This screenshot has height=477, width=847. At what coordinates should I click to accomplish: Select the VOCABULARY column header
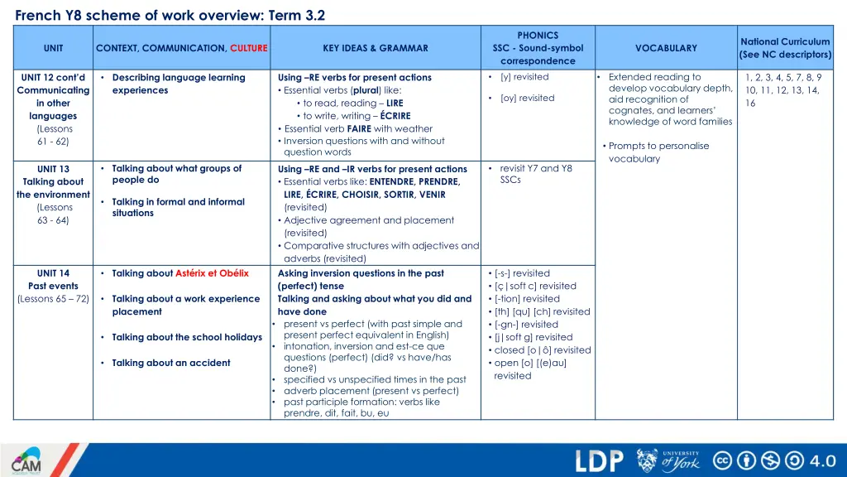point(666,48)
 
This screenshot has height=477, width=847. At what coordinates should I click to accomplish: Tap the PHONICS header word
point(538,36)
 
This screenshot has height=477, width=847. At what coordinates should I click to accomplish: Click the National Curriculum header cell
point(785,48)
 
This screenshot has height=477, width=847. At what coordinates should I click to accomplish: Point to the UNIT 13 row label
point(53,169)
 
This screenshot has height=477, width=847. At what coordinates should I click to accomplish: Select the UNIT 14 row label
point(53,273)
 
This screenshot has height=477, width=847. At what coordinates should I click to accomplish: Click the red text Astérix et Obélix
point(212,273)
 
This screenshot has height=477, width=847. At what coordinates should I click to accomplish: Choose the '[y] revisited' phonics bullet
point(524,77)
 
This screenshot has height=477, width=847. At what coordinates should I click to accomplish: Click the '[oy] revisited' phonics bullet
point(527,98)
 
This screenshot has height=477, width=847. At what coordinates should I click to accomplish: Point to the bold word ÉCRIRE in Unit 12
point(395,116)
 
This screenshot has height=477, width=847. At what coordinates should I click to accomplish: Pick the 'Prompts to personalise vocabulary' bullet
point(658,152)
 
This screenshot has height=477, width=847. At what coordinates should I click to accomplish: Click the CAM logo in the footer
point(26,460)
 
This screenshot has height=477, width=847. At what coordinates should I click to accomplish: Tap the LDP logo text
point(599,460)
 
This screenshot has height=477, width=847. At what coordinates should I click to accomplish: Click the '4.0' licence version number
point(823,460)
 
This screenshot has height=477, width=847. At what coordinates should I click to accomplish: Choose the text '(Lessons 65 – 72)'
point(53,299)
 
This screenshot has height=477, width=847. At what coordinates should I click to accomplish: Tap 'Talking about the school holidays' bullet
point(187,337)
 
